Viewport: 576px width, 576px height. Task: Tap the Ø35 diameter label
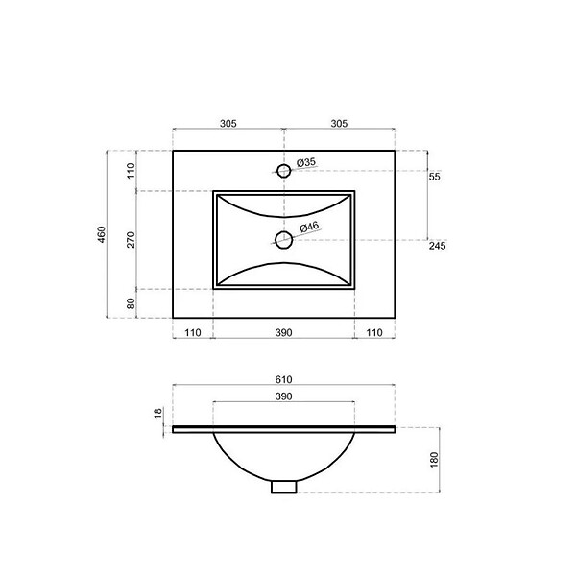coord(306,162)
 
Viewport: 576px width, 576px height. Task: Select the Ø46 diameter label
coord(309,227)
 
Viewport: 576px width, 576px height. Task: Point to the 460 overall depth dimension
coord(102,234)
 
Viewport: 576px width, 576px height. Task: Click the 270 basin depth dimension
coord(132,239)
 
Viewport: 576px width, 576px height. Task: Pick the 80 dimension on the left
coord(132,303)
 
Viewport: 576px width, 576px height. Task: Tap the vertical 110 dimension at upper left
coord(132,171)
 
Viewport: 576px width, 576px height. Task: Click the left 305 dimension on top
coord(228,124)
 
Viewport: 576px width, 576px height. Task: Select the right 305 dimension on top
coord(339,124)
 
